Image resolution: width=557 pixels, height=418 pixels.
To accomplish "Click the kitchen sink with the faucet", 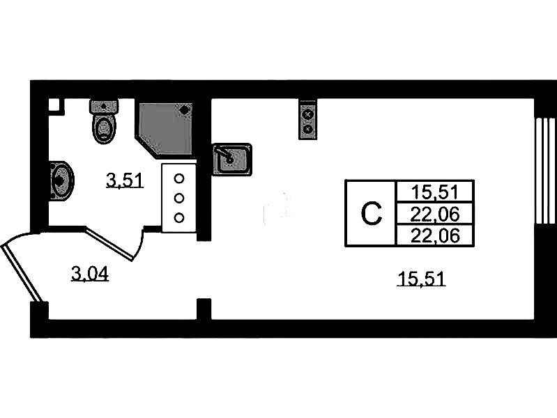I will click(231, 159).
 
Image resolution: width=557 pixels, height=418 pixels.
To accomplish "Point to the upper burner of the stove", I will click(307, 114).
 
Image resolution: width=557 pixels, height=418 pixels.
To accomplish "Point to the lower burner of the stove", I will click(307, 128).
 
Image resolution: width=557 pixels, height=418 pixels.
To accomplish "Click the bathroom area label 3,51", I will click(124, 181).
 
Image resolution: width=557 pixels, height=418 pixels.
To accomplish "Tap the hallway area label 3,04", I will click(91, 274).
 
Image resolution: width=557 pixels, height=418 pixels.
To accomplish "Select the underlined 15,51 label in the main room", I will click(420, 279).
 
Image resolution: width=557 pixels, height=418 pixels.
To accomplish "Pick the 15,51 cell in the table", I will click(434, 191).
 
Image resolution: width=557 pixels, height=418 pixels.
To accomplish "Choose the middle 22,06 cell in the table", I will click(434, 213).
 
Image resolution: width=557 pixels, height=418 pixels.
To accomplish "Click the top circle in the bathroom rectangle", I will click(179, 178).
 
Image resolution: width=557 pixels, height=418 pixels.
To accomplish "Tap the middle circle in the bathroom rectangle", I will click(179, 198).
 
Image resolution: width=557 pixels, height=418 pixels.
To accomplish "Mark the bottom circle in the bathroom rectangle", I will click(179, 217).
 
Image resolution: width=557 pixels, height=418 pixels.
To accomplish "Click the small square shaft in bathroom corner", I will click(54, 105).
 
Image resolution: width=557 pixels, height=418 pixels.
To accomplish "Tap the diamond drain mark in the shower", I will click(184, 109).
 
